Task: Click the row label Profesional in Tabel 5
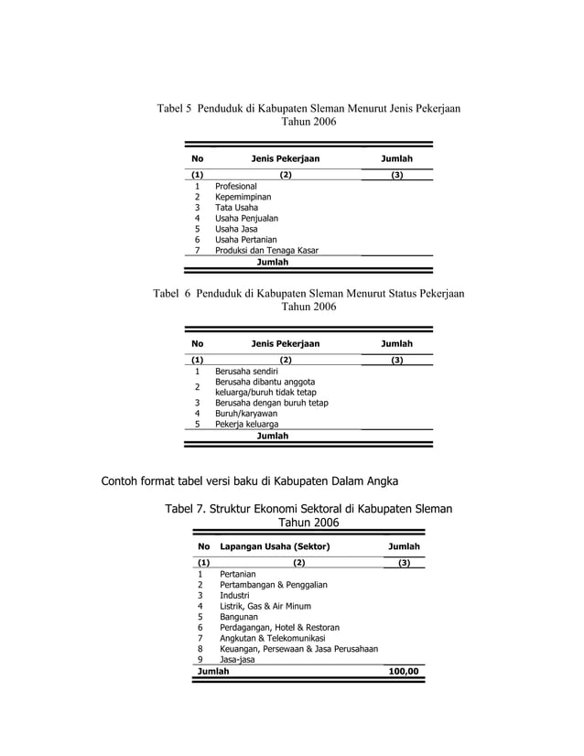tap(236, 186)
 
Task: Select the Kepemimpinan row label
tap(243, 197)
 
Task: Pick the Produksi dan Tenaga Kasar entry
tap(267, 251)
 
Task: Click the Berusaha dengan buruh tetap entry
tap(271, 403)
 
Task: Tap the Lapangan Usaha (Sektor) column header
tap(275, 546)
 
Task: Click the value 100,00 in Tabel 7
tap(403, 671)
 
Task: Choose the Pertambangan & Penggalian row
tap(274, 584)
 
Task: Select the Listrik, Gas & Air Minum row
tap(265, 606)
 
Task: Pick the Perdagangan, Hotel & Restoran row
tap(279, 627)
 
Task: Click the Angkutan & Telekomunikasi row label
tap(273, 638)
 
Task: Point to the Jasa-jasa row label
tap(238, 659)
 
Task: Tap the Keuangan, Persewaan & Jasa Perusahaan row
tap(298, 649)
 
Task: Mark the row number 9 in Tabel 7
tap(200, 659)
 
